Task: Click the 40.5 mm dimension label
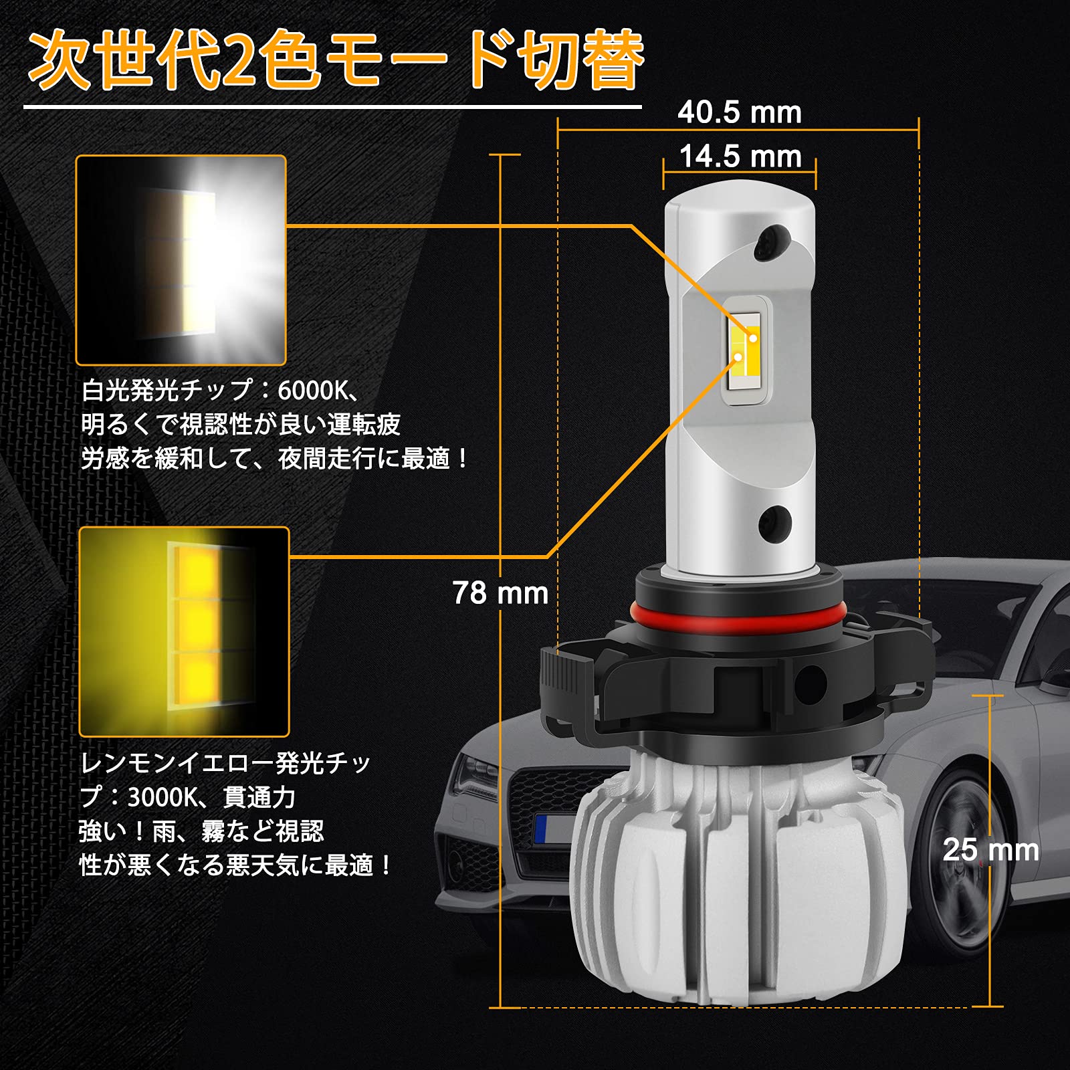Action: point(739,112)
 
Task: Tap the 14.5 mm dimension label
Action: point(740,157)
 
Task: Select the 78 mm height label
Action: point(500,593)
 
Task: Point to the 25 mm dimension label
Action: point(990,850)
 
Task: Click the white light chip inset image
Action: point(181,260)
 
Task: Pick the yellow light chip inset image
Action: point(184,631)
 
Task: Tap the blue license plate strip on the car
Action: point(540,829)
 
